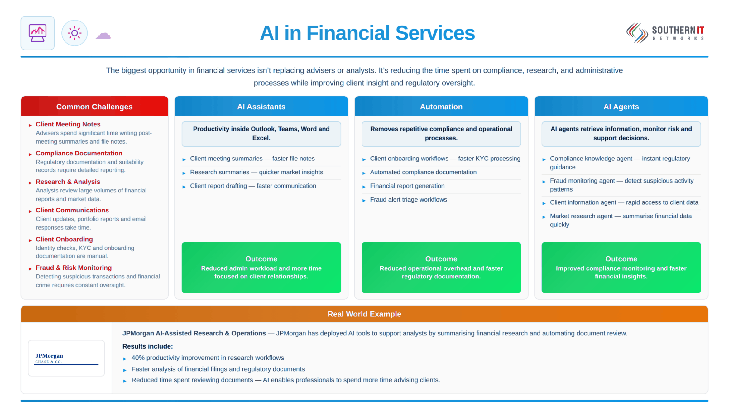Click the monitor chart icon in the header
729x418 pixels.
point(37,33)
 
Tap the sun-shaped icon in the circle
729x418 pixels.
point(74,33)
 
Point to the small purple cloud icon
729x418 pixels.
point(103,36)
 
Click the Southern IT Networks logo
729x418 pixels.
point(665,33)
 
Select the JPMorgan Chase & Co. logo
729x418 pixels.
point(66,359)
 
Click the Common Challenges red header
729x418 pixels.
point(94,107)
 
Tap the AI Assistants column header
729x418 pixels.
point(261,107)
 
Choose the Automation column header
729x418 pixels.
point(441,107)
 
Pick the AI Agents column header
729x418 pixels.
point(621,107)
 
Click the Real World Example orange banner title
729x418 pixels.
point(364,314)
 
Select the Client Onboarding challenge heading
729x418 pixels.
point(64,239)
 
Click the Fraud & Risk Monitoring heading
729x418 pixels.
point(74,268)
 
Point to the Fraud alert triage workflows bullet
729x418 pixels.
point(408,200)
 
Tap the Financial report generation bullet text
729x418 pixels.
point(407,186)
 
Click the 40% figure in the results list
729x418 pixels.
point(138,358)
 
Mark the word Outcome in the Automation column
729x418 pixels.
point(441,259)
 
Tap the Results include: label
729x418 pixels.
point(147,346)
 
